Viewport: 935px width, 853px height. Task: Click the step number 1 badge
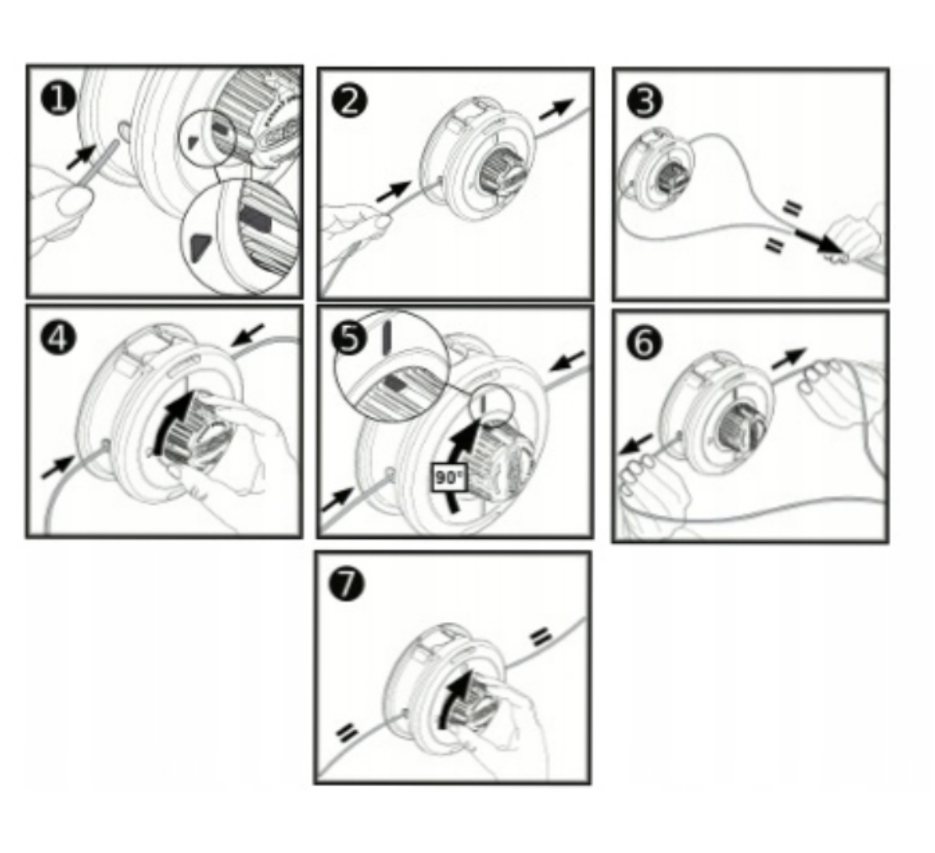click(58, 99)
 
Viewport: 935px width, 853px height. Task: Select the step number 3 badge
click(645, 101)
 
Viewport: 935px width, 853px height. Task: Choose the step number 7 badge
click(347, 582)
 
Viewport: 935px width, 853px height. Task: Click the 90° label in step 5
click(448, 478)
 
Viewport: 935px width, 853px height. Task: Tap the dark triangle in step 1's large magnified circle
click(200, 245)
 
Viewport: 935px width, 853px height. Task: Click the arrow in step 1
click(82, 156)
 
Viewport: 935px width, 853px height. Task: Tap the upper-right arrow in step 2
click(556, 110)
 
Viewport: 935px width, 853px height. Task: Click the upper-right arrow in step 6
click(789, 358)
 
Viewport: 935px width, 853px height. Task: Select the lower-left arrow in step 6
click(635, 444)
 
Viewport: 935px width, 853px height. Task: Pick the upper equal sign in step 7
click(540, 636)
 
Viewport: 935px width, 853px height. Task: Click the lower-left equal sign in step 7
click(348, 732)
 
